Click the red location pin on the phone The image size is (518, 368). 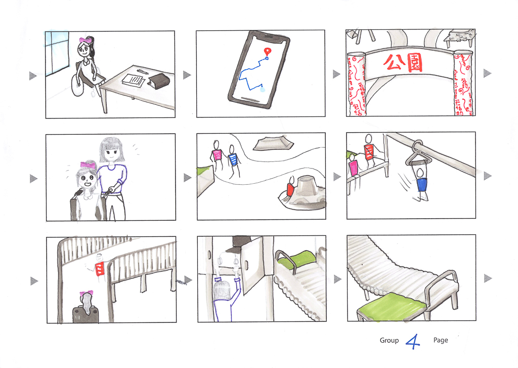tap(267, 51)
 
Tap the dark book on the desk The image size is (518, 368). tap(159, 80)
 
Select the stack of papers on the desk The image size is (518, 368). tap(134, 79)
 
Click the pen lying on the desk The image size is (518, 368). tap(143, 71)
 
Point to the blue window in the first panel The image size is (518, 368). tap(57, 53)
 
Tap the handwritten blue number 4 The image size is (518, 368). tap(413, 342)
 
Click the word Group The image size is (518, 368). tap(389, 340)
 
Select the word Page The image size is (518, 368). tap(441, 340)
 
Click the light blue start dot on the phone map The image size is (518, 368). tap(263, 89)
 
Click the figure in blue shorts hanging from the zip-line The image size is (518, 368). tap(420, 184)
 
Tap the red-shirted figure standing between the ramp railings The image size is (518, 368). tap(99, 267)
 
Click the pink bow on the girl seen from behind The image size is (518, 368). tap(86, 294)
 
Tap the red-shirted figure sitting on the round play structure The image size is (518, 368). tap(290, 187)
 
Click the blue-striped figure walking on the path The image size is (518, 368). tap(233, 160)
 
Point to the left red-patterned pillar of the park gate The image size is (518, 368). tap(356, 85)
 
